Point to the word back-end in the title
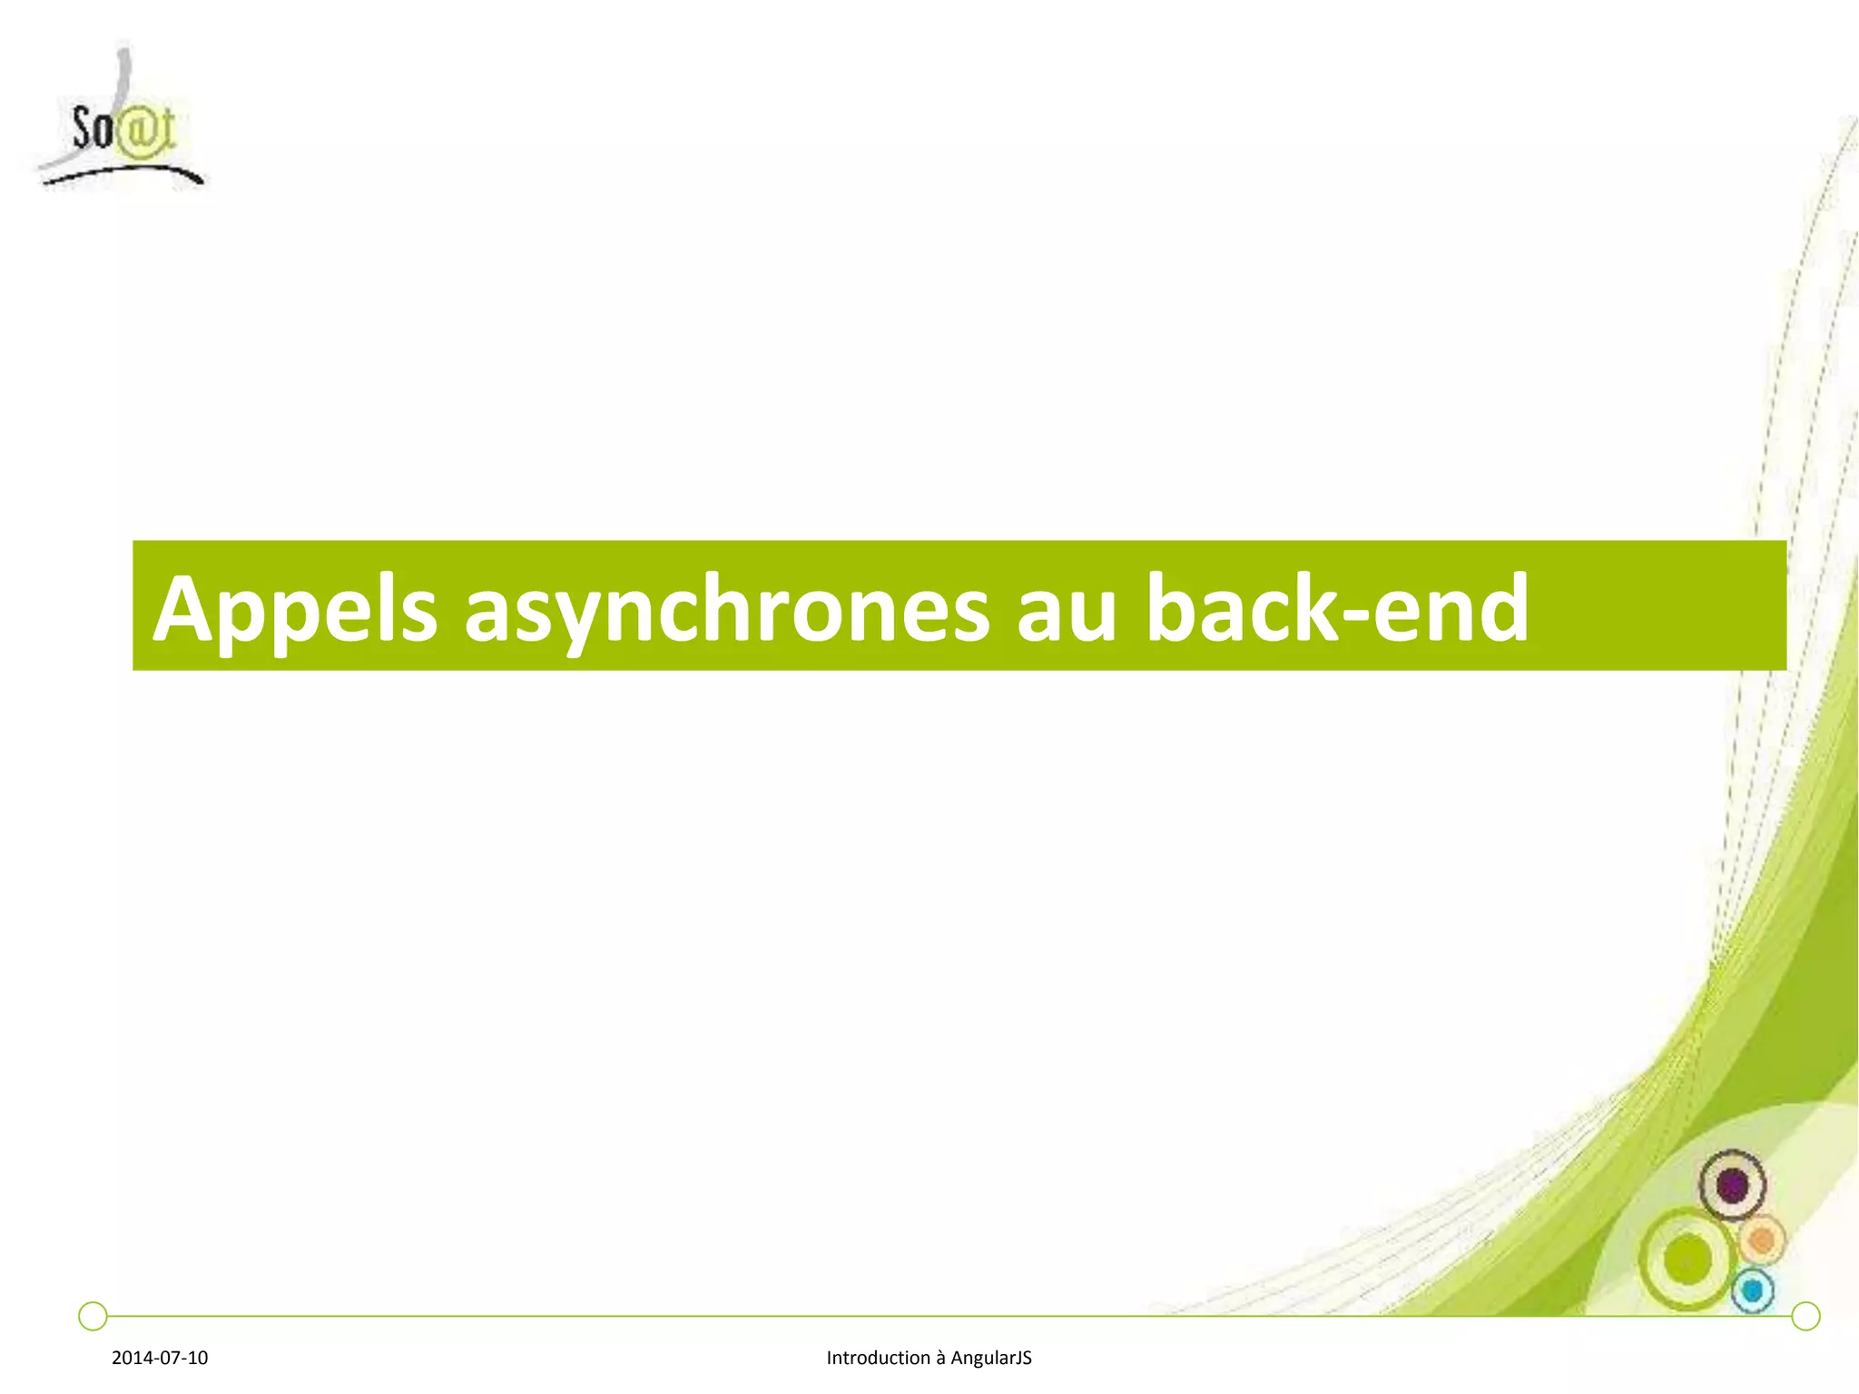click(1337, 608)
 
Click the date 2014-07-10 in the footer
click(160, 1358)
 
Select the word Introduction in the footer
click(878, 1358)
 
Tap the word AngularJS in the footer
click(991, 1358)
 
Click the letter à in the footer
click(940, 1359)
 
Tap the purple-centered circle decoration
click(1733, 1185)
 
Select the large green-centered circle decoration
click(1687, 1260)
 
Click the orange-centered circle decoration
click(1762, 1240)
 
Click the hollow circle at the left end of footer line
click(93, 1316)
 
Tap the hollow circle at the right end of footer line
click(1806, 1316)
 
